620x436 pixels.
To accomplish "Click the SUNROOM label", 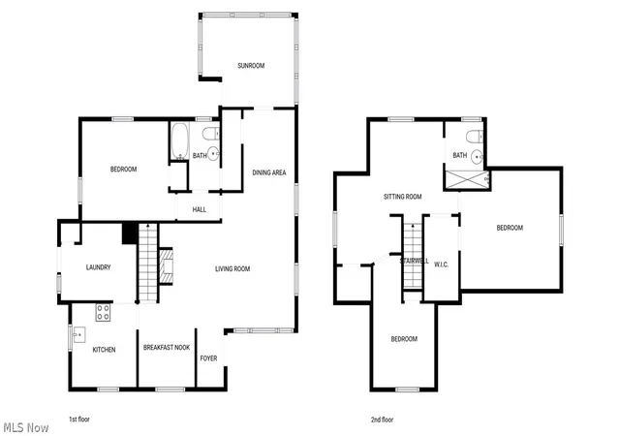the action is click(251, 66).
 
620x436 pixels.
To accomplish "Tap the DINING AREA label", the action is click(269, 172).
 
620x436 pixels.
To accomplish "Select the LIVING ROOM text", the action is click(232, 269).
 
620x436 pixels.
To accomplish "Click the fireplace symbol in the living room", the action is click(166, 265).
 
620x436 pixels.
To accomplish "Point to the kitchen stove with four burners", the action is click(104, 312).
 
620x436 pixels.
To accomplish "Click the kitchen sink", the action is click(79, 335).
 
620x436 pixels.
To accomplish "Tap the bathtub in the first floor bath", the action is click(180, 141).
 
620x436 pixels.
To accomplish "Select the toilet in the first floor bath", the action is click(211, 134).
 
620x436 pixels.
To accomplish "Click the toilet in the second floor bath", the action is click(475, 137).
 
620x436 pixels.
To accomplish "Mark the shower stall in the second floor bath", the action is click(467, 179).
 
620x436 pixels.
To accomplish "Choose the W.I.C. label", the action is click(442, 265).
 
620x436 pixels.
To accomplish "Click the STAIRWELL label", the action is click(415, 262).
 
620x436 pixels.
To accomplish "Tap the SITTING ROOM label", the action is click(403, 197).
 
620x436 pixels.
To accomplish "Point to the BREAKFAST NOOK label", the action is click(167, 348).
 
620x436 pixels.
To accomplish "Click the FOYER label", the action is click(209, 358).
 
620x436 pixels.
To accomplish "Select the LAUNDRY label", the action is click(98, 267).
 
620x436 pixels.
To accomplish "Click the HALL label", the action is click(200, 209).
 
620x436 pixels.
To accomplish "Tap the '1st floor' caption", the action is click(79, 420).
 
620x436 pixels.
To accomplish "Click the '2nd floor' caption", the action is click(382, 420).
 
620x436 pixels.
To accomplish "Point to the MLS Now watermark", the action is click(26, 427).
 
